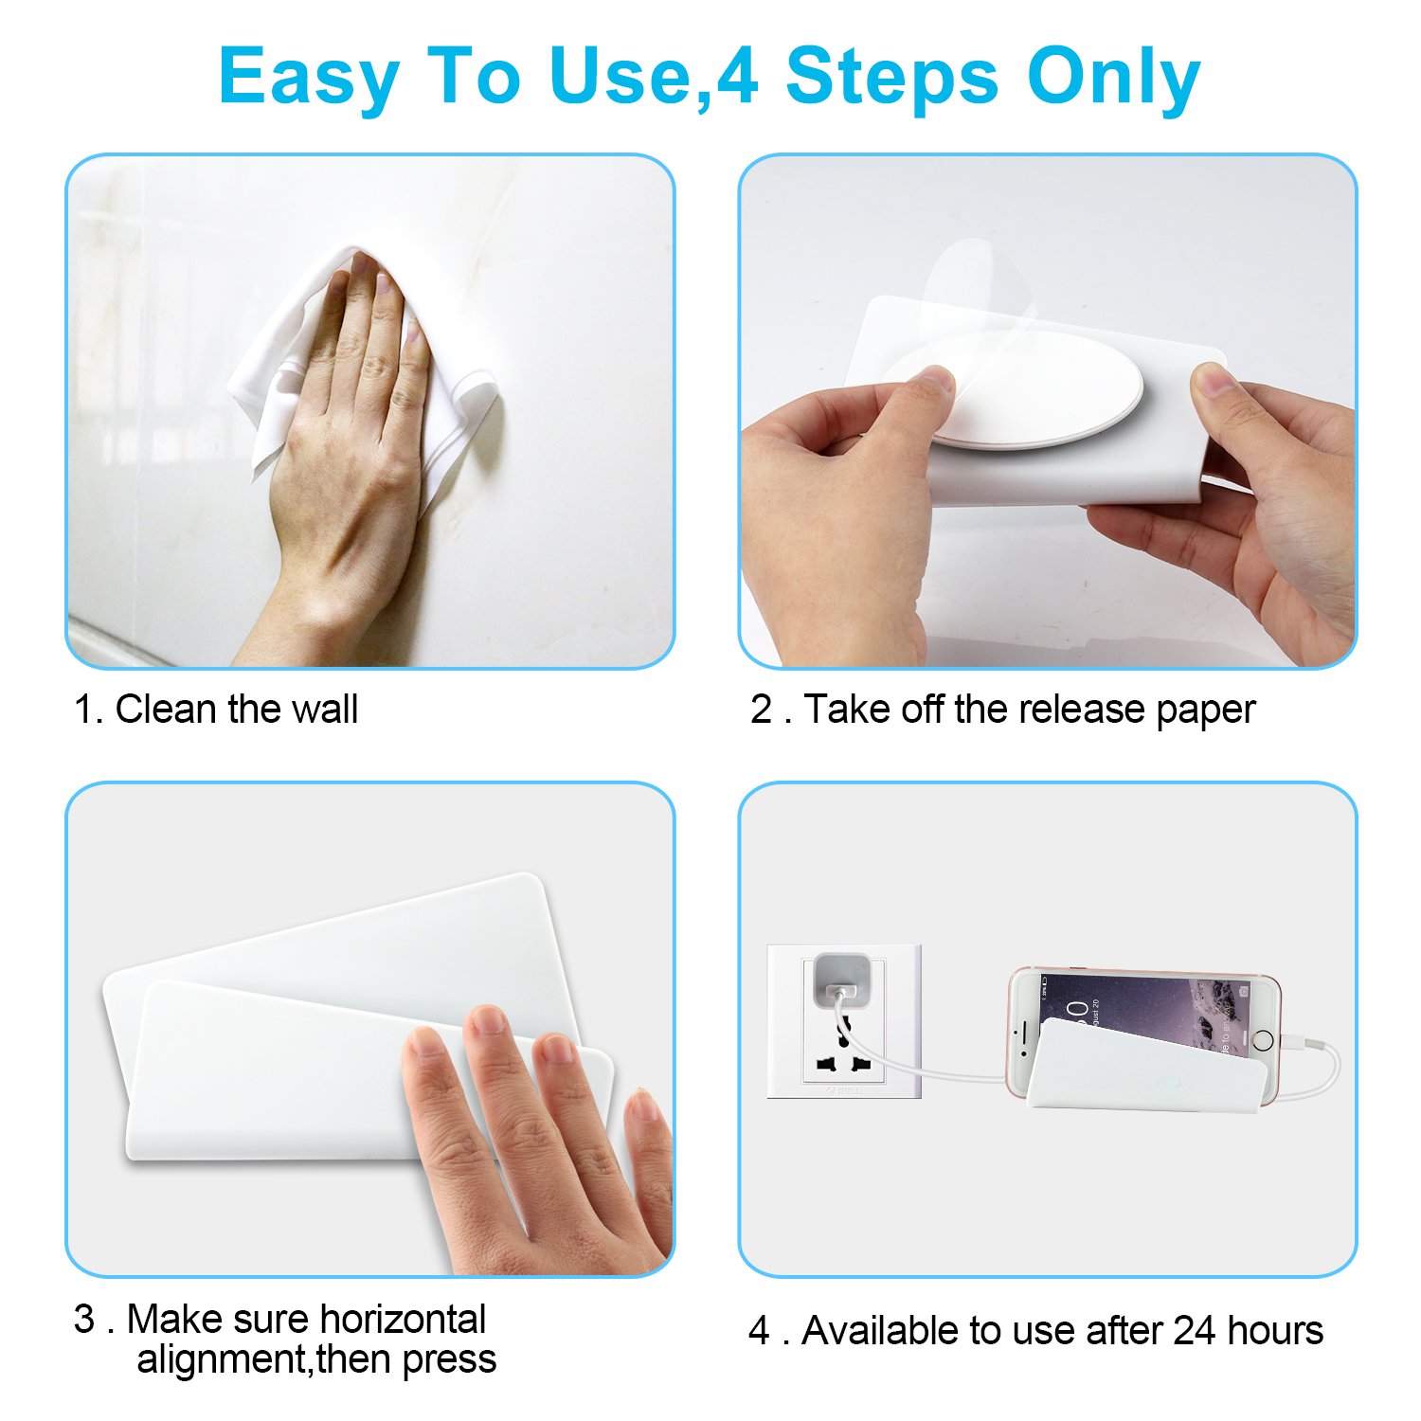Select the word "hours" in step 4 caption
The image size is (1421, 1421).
1275,1330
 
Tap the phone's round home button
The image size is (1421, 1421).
1263,1039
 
